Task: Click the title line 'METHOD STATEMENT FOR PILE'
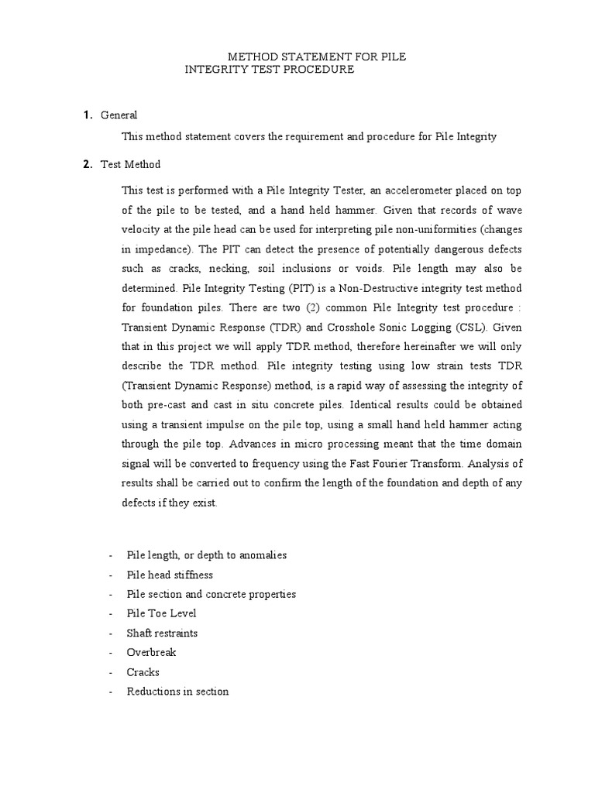point(316,57)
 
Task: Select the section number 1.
point(88,115)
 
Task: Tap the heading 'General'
point(119,115)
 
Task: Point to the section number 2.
point(88,164)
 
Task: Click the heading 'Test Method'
point(130,164)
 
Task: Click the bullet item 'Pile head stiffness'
point(170,575)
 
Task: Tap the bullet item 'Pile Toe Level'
point(161,613)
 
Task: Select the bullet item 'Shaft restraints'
point(162,633)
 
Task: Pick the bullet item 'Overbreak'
point(151,653)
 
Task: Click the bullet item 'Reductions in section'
point(177,692)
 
